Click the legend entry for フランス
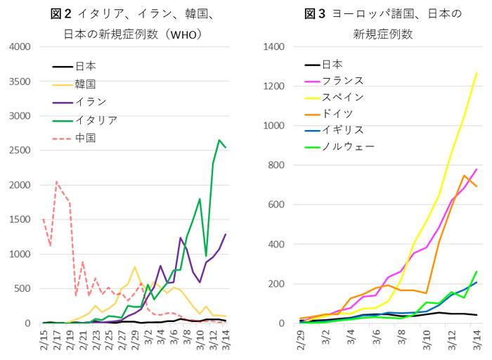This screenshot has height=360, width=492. point(342,80)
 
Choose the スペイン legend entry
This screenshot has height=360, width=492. point(342,96)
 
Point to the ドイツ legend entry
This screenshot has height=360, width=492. point(337,113)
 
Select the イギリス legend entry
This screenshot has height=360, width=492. point(342,130)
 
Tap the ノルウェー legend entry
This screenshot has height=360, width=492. point(347,146)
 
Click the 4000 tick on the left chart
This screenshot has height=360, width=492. point(19,47)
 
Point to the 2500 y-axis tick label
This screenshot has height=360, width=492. point(19,150)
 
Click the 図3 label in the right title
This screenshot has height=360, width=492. point(315,13)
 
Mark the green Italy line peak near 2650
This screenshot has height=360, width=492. point(219,140)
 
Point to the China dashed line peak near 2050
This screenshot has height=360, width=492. point(56,181)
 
